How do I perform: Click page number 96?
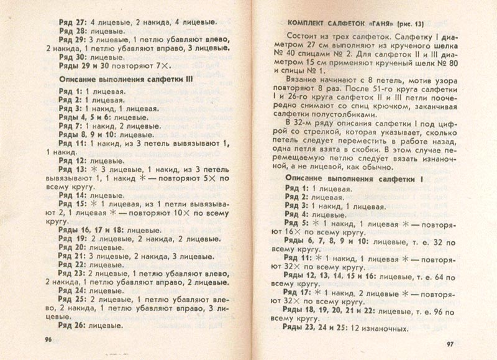click(x=43, y=340)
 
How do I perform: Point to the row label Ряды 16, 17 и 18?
click(x=95, y=229)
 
